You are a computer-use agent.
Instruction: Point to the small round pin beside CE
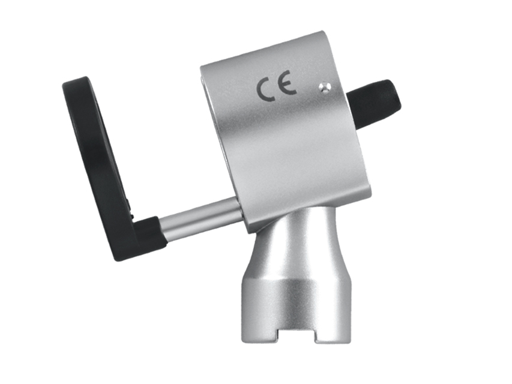[x=324, y=87]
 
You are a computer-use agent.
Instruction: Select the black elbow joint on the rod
[x=147, y=236]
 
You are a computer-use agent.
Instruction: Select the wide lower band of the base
[x=294, y=303]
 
